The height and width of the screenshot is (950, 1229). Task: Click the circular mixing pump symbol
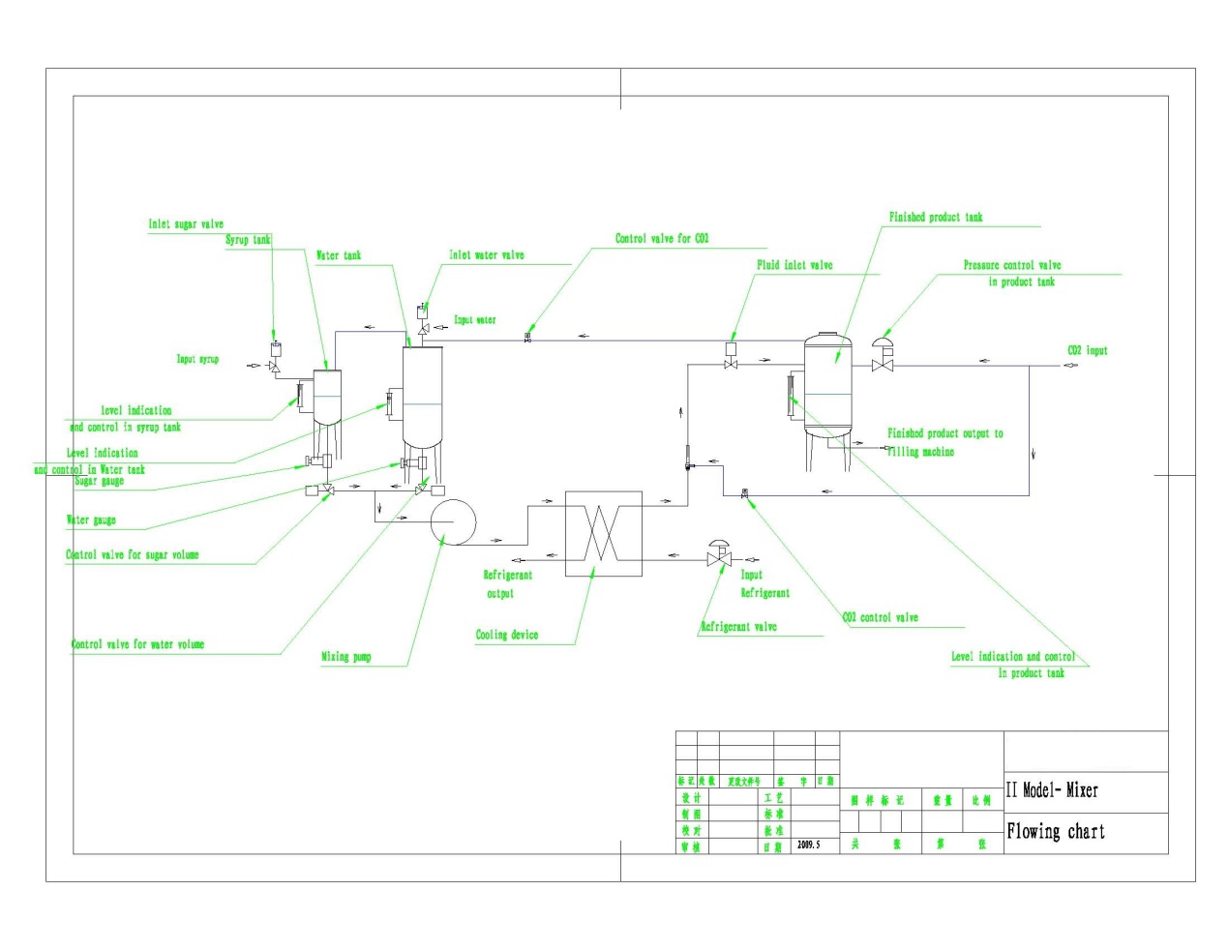pyautogui.click(x=453, y=521)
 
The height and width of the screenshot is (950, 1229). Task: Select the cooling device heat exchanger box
pyautogui.click(x=603, y=533)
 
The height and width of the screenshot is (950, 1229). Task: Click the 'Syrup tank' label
pyautogui.click(x=249, y=240)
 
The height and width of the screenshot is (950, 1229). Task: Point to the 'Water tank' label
pyautogui.click(x=339, y=255)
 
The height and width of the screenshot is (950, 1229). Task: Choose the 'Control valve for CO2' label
pyautogui.click(x=662, y=238)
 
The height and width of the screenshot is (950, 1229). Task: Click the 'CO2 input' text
pyautogui.click(x=1087, y=350)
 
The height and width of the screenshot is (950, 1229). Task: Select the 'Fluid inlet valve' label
pyautogui.click(x=794, y=265)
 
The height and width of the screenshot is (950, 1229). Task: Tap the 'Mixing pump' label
pyautogui.click(x=346, y=657)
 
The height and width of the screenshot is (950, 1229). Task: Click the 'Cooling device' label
pyautogui.click(x=506, y=635)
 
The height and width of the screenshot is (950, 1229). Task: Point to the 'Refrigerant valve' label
pyautogui.click(x=738, y=627)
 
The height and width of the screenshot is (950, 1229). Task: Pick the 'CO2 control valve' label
pyautogui.click(x=880, y=617)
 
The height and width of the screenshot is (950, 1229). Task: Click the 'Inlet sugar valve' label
pyautogui.click(x=186, y=224)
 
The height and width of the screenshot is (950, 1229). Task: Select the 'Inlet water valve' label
pyautogui.click(x=487, y=255)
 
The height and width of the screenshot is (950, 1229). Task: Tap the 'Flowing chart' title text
pyautogui.click(x=1056, y=831)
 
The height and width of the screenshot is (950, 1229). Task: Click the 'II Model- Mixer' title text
pyautogui.click(x=1052, y=790)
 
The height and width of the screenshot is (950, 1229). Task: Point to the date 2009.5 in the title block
pyautogui.click(x=808, y=845)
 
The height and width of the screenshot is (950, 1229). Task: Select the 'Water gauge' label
pyautogui.click(x=91, y=520)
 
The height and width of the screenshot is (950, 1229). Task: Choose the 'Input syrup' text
pyautogui.click(x=197, y=359)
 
